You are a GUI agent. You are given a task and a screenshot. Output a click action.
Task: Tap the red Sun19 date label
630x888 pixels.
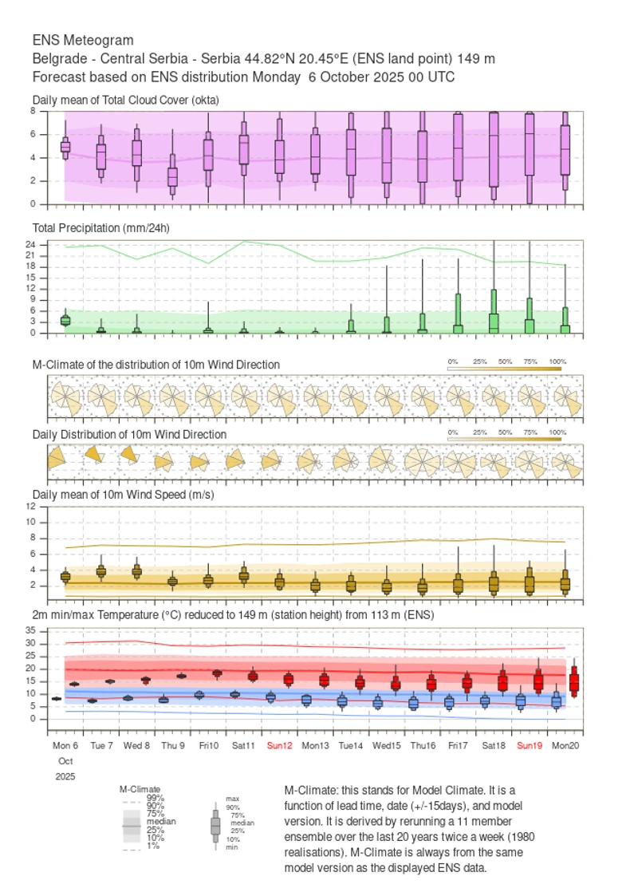click(530, 745)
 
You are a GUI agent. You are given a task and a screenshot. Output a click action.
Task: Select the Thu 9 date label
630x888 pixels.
click(172, 745)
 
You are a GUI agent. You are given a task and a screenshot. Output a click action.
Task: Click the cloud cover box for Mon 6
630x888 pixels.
click(65, 146)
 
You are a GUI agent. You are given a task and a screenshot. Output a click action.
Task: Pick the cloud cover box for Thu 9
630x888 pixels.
click(172, 176)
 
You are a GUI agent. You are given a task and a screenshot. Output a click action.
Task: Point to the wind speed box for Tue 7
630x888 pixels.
click(101, 570)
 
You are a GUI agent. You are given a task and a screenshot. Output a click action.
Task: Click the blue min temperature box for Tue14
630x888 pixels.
click(342, 701)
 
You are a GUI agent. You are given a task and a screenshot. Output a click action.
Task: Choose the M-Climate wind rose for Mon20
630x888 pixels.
click(565, 396)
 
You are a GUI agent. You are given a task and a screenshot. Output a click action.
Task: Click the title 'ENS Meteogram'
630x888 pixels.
click(83, 40)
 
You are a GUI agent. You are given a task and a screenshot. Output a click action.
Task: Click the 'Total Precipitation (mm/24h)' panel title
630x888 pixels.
click(101, 228)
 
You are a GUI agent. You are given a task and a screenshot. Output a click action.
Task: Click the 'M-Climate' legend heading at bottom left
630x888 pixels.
click(140, 789)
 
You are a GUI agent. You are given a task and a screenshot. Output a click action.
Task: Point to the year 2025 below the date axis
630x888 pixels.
click(65, 776)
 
